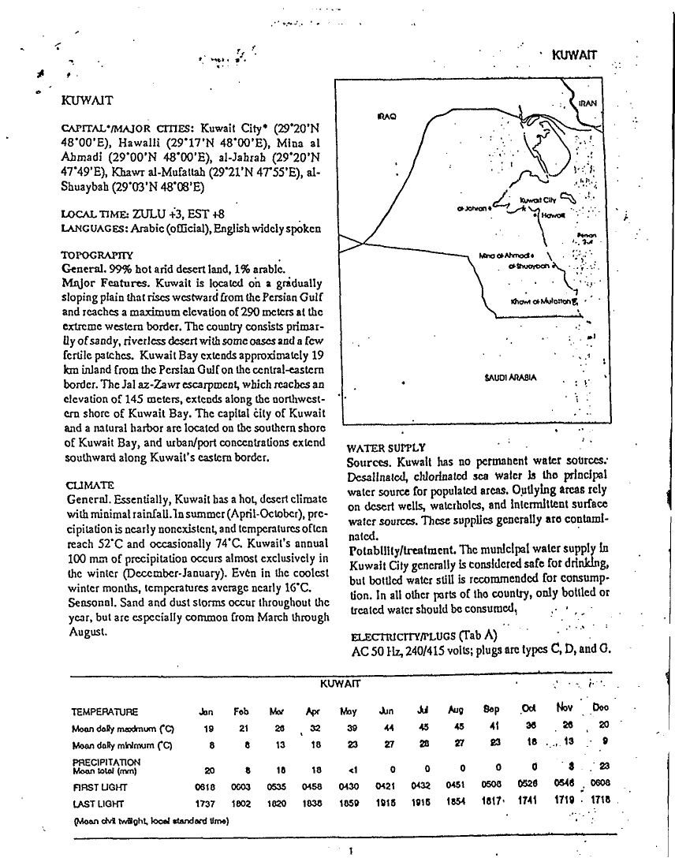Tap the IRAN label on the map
[x=587, y=103]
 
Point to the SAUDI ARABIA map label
[x=509, y=377]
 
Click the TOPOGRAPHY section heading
[x=97, y=256]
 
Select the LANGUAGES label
[x=97, y=228]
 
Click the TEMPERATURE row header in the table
[x=105, y=711]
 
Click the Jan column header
[x=208, y=711]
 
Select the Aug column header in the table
[x=455, y=711]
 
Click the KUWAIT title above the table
[x=340, y=681]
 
